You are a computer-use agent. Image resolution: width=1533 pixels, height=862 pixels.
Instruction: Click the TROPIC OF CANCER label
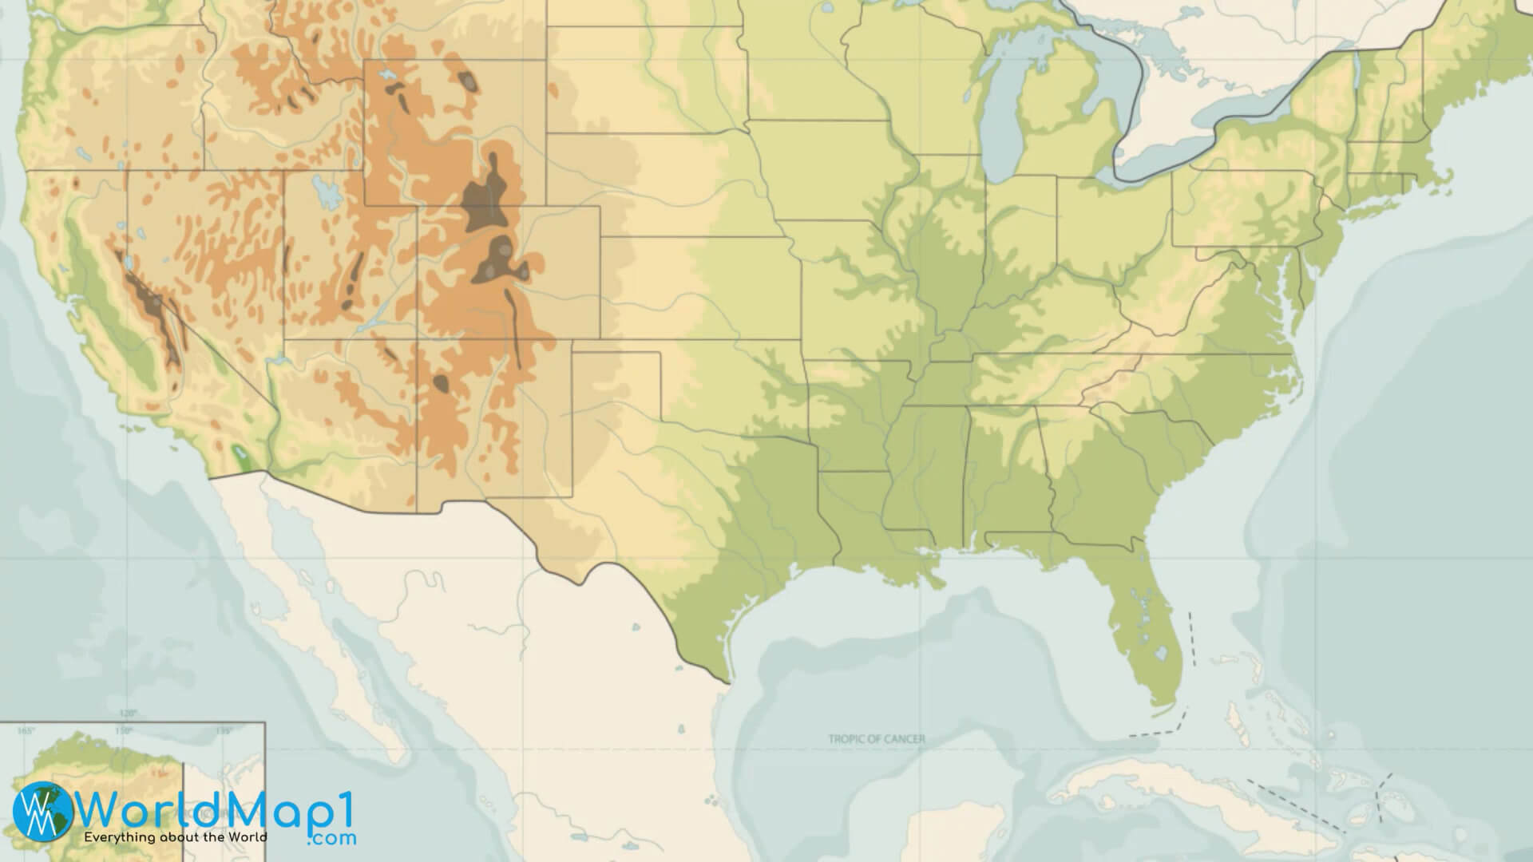[877, 739]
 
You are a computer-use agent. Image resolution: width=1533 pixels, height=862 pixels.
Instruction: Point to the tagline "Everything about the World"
[176, 837]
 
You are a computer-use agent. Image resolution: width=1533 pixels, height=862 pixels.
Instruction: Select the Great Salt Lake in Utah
[326, 192]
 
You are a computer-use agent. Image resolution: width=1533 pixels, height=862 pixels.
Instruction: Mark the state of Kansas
[703, 287]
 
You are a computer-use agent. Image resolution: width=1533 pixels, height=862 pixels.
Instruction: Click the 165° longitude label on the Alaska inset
[26, 730]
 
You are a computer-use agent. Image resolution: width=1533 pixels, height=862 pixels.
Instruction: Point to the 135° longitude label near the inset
[223, 730]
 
